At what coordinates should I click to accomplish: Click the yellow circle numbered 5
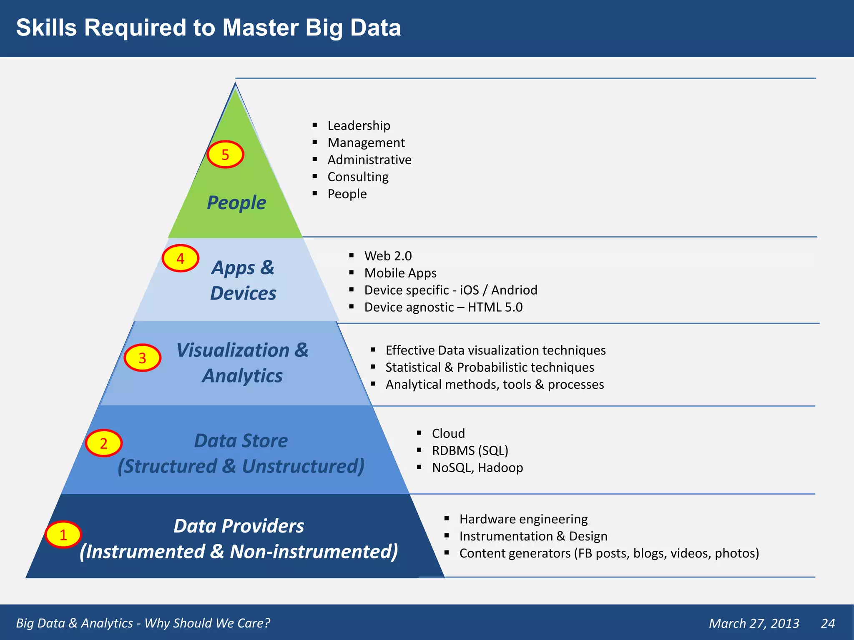pyautogui.click(x=225, y=155)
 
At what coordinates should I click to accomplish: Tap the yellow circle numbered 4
pyautogui.click(x=180, y=258)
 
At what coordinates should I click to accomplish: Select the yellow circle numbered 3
pyautogui.click(x=142, y=358)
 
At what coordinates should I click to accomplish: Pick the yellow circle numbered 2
pyautogui.click(x=103, y=443)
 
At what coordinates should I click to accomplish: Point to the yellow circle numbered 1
pyautogui.click(x=63, y=535)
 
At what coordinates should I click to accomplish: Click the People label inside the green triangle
pyautogui.click(x=236, y=203)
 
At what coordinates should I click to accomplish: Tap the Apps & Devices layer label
pyautogui.click(x=243, y=280)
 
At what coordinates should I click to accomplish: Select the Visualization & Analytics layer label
pyautogui.click(x=242, y=362)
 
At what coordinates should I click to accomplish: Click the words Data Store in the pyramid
pyautogui.click(x=241, y=441)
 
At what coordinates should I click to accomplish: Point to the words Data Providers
pyautogui.click(x=239, y=526)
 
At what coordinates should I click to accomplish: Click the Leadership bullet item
pyautogui.click(x=359, y=125)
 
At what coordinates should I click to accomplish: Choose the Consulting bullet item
pyautogui.click(x=358, y=177)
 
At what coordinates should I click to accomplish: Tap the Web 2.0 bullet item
pyautogui.click(x=388, y=255)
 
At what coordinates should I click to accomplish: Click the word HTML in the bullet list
pyautogui.click(x=484, y=307)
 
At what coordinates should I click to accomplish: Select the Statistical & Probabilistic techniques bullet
pyautogui.click(x=490, y=367)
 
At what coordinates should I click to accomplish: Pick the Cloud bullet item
pyautogui.click(x=448, y=433)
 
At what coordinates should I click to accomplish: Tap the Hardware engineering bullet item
pyautogui.click(x=523, y=519)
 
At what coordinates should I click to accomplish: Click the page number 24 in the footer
pyautogui.click(x=827, y=623)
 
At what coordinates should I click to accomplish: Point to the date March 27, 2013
pyautogui.click(x=754, y=623)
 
